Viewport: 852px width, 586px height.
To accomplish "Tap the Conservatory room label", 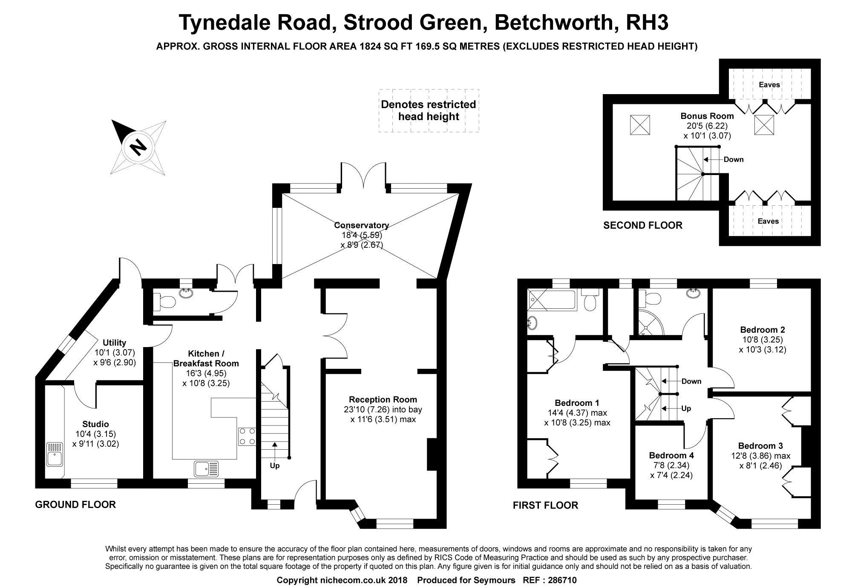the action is (361, 225).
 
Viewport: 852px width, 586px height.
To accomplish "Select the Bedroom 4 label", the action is (671, 455).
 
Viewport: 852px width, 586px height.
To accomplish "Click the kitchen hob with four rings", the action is (247, 436).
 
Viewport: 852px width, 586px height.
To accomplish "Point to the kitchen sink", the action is (206, 469).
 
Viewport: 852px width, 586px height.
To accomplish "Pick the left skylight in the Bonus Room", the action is (640, 125).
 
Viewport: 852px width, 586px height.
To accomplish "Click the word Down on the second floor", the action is (733, 160).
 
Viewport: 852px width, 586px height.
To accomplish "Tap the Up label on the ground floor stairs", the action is (275, 465).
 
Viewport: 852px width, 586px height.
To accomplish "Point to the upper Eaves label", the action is (769, 85).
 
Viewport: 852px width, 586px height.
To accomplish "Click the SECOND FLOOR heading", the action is (642, 225).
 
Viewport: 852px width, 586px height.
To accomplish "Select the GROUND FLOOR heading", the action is (75, 505).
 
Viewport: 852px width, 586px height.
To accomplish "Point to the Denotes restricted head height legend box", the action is (429, 111).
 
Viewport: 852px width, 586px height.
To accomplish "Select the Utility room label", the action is (114, 343).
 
